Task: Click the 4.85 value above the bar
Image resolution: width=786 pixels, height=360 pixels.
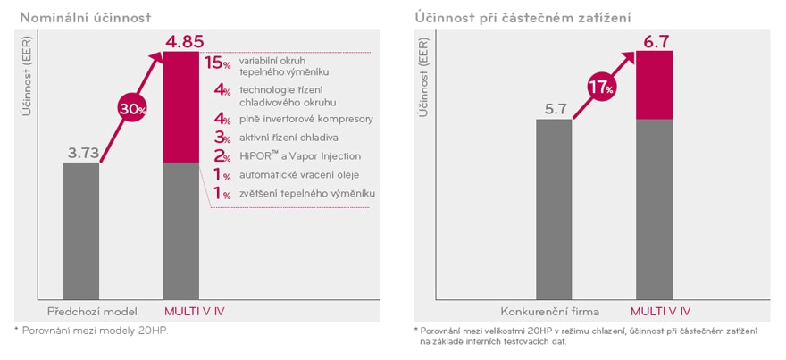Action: (x=187, y=40)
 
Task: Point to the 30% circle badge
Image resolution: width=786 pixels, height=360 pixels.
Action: (x=132, y=109)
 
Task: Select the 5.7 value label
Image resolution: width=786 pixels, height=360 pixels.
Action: (x=554, y=109)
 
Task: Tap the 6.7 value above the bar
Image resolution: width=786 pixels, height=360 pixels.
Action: (x=654, y=40)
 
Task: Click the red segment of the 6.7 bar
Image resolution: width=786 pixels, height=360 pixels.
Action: (x=654, y=85)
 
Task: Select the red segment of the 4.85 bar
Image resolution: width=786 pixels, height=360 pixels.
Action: (x=187, y=107)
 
